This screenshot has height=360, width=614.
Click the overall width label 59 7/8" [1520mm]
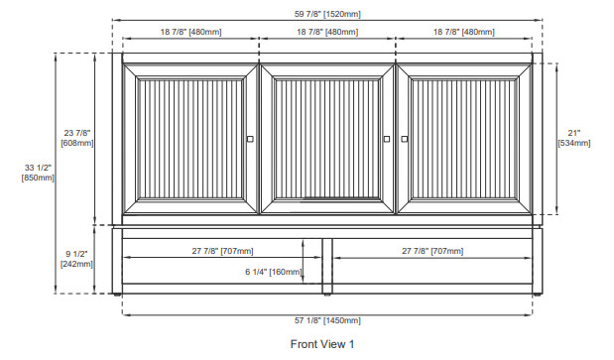(x=327, y=14)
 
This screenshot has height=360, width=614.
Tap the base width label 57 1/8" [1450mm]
(x=327, y=320)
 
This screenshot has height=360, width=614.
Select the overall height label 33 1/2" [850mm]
(x=38, y=173)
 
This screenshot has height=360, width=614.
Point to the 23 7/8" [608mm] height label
(x=77, y=138)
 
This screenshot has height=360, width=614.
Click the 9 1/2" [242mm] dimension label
(x=76, y=259)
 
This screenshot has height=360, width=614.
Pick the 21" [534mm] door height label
(x=574, y=138)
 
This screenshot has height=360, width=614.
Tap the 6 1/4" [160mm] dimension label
(x=274, y=272)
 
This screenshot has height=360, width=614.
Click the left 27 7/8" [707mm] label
(x=222, y=251)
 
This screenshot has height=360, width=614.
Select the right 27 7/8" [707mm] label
(x=432, y=251)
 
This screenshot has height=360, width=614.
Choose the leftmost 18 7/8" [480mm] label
(x=190, y=32)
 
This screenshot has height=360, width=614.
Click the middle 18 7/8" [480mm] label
(x=327, y=32)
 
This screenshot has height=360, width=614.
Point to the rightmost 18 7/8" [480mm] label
(x=463, y=32)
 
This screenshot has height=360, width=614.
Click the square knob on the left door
(x=250, y=139)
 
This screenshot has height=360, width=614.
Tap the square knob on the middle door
(x=387, y=139)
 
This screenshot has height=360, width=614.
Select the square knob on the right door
(x=405, y=139)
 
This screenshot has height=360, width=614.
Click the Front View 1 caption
(x=322, y=344)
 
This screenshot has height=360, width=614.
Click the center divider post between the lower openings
(x=327, y=266)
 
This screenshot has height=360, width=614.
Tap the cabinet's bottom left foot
(x=117, y=295)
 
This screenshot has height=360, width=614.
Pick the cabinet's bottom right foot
(x=538, y=295)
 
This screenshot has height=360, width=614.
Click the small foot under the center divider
(x=327, y=295)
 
